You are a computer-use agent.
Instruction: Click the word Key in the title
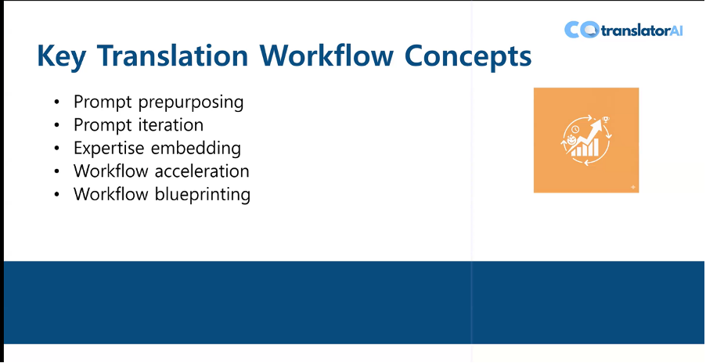tap(62, 56)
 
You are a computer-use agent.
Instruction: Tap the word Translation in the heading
tap(173, 55)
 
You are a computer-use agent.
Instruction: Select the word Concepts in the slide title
tap(468, 56)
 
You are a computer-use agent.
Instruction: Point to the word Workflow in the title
tap(327, 55)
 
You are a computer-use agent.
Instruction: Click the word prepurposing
tap(191, 102)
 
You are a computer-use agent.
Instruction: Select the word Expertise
tap(110, 149)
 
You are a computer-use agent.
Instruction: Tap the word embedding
tap(196, 148)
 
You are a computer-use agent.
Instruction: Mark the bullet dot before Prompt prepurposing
tap(56, 102)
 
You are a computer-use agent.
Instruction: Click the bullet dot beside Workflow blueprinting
tap(56, 195)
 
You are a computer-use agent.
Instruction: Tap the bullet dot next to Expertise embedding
tap(56, 149)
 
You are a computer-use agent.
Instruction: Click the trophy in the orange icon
tap(606, 119)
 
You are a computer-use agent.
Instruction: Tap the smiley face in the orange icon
tap(571, 139)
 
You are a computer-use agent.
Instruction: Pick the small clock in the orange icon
tap(576, 130)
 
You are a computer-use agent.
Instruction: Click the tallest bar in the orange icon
tap(596, 146)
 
